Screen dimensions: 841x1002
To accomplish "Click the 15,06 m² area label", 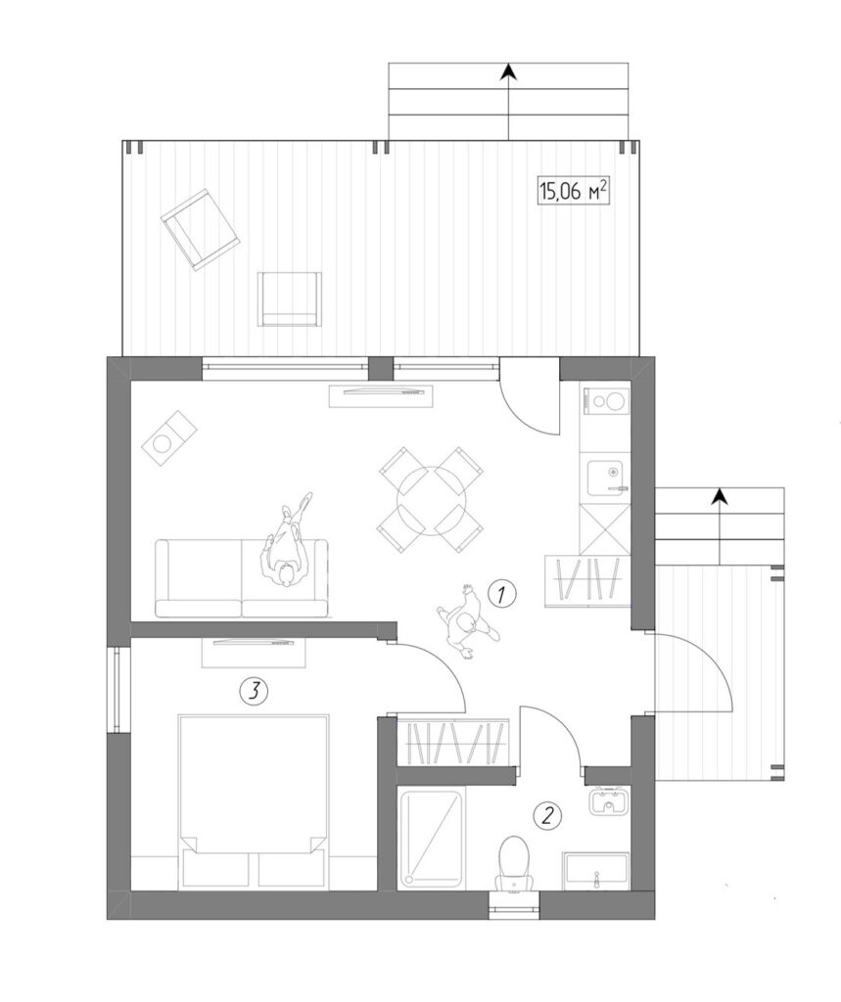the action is point(573,190).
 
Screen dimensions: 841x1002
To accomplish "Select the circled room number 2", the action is point(547,815).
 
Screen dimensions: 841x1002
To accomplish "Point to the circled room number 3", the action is point(254,691).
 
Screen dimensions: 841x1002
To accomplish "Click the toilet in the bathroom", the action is point(514,863).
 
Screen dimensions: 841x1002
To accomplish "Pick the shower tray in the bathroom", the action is point(431,839).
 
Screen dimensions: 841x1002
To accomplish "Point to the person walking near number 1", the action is point(468,621).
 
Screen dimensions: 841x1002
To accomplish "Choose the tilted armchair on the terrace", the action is point(200,229).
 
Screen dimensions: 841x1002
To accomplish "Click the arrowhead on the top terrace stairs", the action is point(508,71).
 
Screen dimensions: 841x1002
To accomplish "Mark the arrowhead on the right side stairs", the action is point(721,495).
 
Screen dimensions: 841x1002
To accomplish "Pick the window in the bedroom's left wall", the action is point(118,690).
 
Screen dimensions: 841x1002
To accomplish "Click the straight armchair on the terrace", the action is point(290,299).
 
